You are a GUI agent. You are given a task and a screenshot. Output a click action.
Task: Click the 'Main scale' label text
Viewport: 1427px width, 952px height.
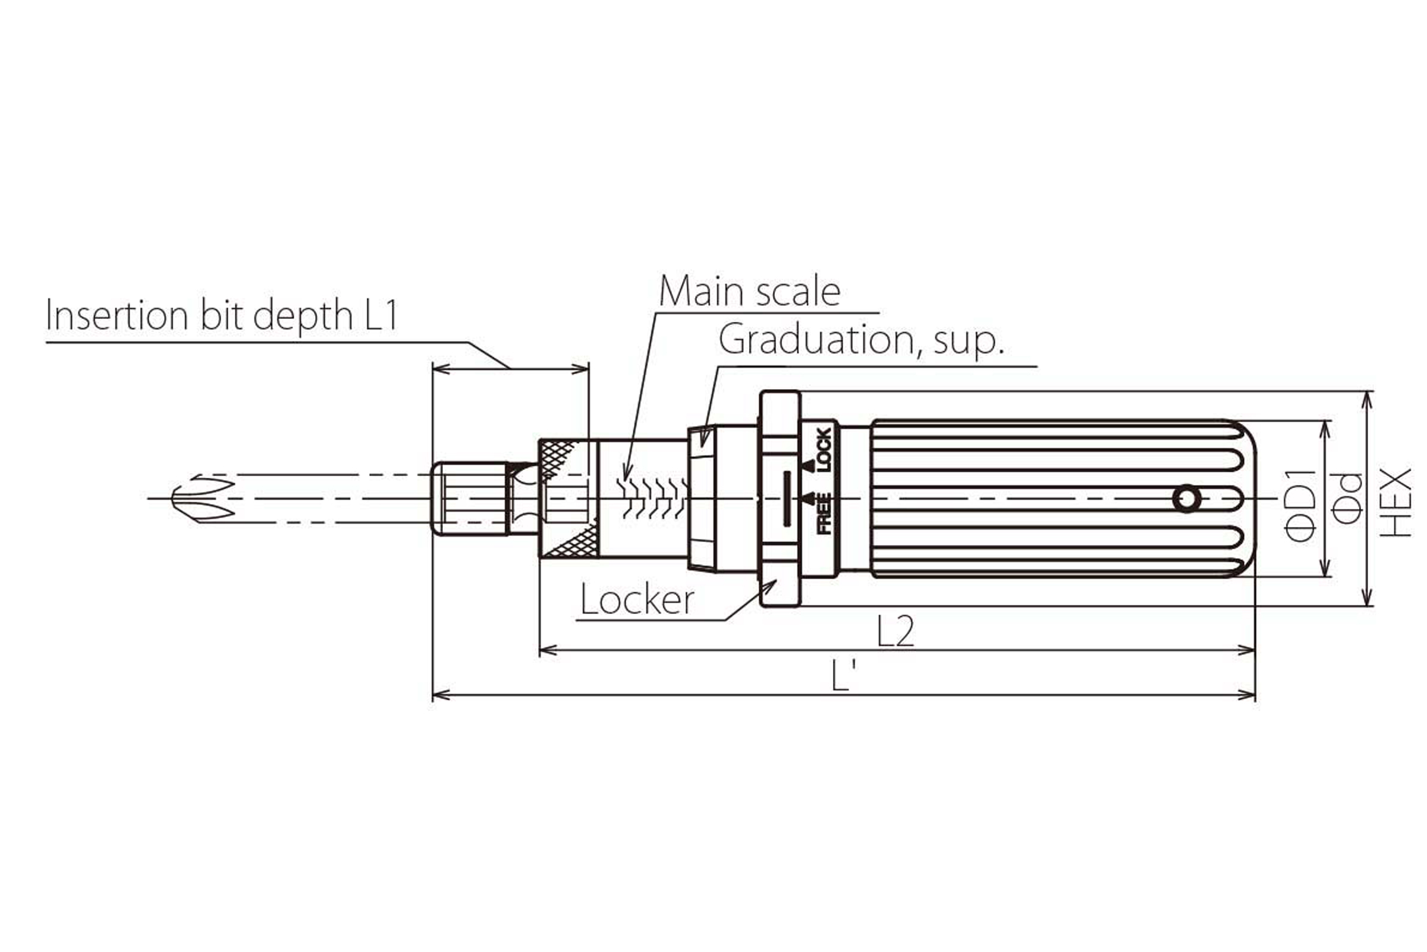click(749, 292)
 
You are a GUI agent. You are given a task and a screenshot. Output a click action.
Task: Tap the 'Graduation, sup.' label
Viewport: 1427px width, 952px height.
click(861, 340)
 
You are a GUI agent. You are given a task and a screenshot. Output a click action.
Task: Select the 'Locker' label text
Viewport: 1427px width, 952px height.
click(637, 600)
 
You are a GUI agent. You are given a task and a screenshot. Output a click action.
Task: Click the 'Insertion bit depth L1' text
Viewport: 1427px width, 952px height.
click(222, 316)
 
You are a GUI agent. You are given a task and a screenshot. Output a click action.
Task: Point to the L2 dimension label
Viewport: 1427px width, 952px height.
click(895, 631)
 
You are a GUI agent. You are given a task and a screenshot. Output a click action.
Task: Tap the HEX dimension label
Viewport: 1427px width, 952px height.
click(1395, 502)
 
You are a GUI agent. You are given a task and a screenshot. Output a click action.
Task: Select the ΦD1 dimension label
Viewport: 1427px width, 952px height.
click(1301, 506)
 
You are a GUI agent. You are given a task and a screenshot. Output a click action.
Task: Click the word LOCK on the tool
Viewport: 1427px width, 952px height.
click(823, 450)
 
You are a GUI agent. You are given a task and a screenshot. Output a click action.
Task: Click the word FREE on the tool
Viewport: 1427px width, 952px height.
click(824, 513)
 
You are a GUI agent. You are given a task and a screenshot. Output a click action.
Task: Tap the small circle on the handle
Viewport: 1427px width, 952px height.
click(1187, 499)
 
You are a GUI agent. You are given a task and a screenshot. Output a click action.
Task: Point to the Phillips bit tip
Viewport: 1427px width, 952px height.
click(200, 498)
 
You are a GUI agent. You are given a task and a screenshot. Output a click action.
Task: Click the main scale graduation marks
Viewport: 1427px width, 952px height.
click(652, 498)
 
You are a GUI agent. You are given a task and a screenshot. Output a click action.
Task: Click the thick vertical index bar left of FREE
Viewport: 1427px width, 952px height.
click(787, 499)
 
